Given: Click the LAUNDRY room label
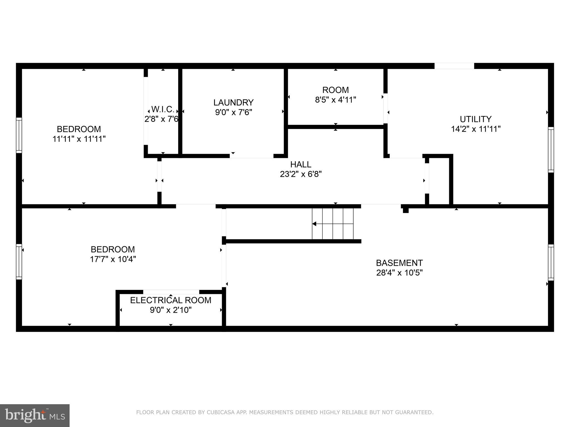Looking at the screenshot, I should click(x=233, y=103).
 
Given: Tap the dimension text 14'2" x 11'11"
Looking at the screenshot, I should click(x=476, y=129).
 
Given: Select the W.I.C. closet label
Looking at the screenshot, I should click(x=163, y=109).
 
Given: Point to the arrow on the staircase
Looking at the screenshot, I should click(x=315, y=224).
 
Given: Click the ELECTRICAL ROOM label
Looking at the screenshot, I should click(x=171, y=300).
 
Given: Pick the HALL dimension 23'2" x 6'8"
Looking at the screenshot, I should click(x=301, y=174).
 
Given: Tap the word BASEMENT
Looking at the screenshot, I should click(x=399, y=263).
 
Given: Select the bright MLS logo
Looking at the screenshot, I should click(x=35, y=415).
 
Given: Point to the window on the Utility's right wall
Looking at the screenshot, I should click(x=551, y=150).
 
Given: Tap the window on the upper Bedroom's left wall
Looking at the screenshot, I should click(x=19, y=135).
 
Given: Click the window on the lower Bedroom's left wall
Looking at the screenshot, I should click(x=19, y=262).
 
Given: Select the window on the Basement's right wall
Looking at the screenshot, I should click(x=551, y=262).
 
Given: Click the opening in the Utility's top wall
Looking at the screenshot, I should click(x=454, y=66).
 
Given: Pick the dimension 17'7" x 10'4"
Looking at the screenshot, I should click(x=113, y=259).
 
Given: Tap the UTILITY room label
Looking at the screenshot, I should click(x=476, y=119).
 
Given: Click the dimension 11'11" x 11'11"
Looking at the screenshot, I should click(x=79, y=139).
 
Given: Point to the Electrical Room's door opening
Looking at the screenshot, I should click(x=171, y=292).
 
